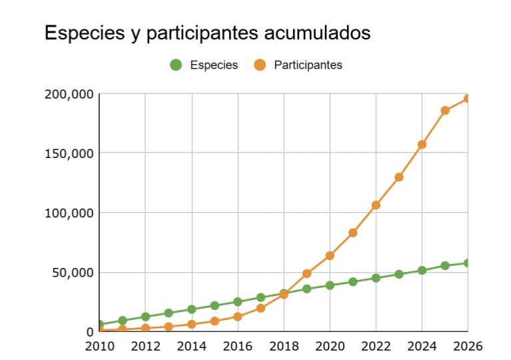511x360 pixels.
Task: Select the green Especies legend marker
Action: (176, 65)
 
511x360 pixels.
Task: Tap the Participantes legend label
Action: (308, 65)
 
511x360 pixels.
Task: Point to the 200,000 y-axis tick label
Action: (69, 94)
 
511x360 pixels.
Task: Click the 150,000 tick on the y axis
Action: (69, 153)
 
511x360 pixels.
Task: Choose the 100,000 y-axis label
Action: (69, 213)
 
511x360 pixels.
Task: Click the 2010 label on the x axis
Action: (99, 346)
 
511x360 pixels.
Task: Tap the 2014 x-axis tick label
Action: (191, 346)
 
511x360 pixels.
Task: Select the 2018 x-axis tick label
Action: (284, 346)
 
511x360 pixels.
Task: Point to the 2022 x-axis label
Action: (376, 346)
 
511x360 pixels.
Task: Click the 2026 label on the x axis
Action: (467, 346)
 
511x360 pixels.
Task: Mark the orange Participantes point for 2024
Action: (422, 144)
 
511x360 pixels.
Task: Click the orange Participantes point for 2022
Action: (376, 205)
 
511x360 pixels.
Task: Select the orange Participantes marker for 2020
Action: (330, 255)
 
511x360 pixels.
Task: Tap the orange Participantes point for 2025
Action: (445, 111)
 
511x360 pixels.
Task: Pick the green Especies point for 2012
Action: (145, 317)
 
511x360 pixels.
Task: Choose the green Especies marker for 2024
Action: (422, 271)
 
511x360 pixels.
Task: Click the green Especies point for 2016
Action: (238, 302)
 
